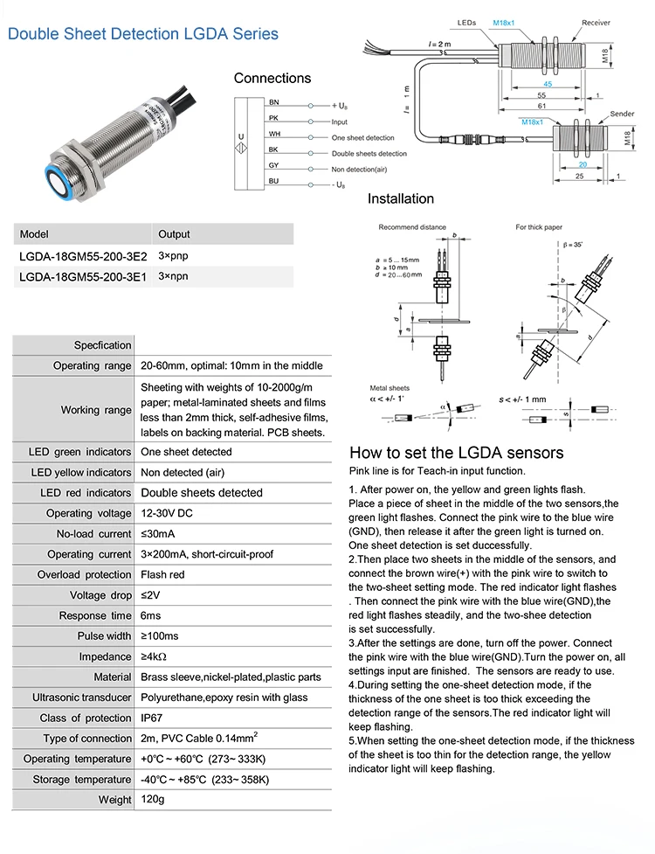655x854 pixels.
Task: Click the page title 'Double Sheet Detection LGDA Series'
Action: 143,34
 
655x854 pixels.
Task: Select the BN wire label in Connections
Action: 273,103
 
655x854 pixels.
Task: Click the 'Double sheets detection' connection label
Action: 369,153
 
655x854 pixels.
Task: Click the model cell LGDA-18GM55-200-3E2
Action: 83,257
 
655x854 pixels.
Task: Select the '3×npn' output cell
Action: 173,276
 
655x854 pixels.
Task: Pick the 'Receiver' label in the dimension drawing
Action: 596,23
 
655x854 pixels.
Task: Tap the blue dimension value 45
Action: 547,85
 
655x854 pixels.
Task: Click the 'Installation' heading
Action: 400,198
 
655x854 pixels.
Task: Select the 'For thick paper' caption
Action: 539,227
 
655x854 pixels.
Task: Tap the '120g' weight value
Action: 154,799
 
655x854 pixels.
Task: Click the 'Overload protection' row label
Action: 85,574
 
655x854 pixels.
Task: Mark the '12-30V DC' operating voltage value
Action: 169,513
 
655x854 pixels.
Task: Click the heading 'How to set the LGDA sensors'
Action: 456,453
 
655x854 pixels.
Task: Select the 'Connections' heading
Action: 272,79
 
